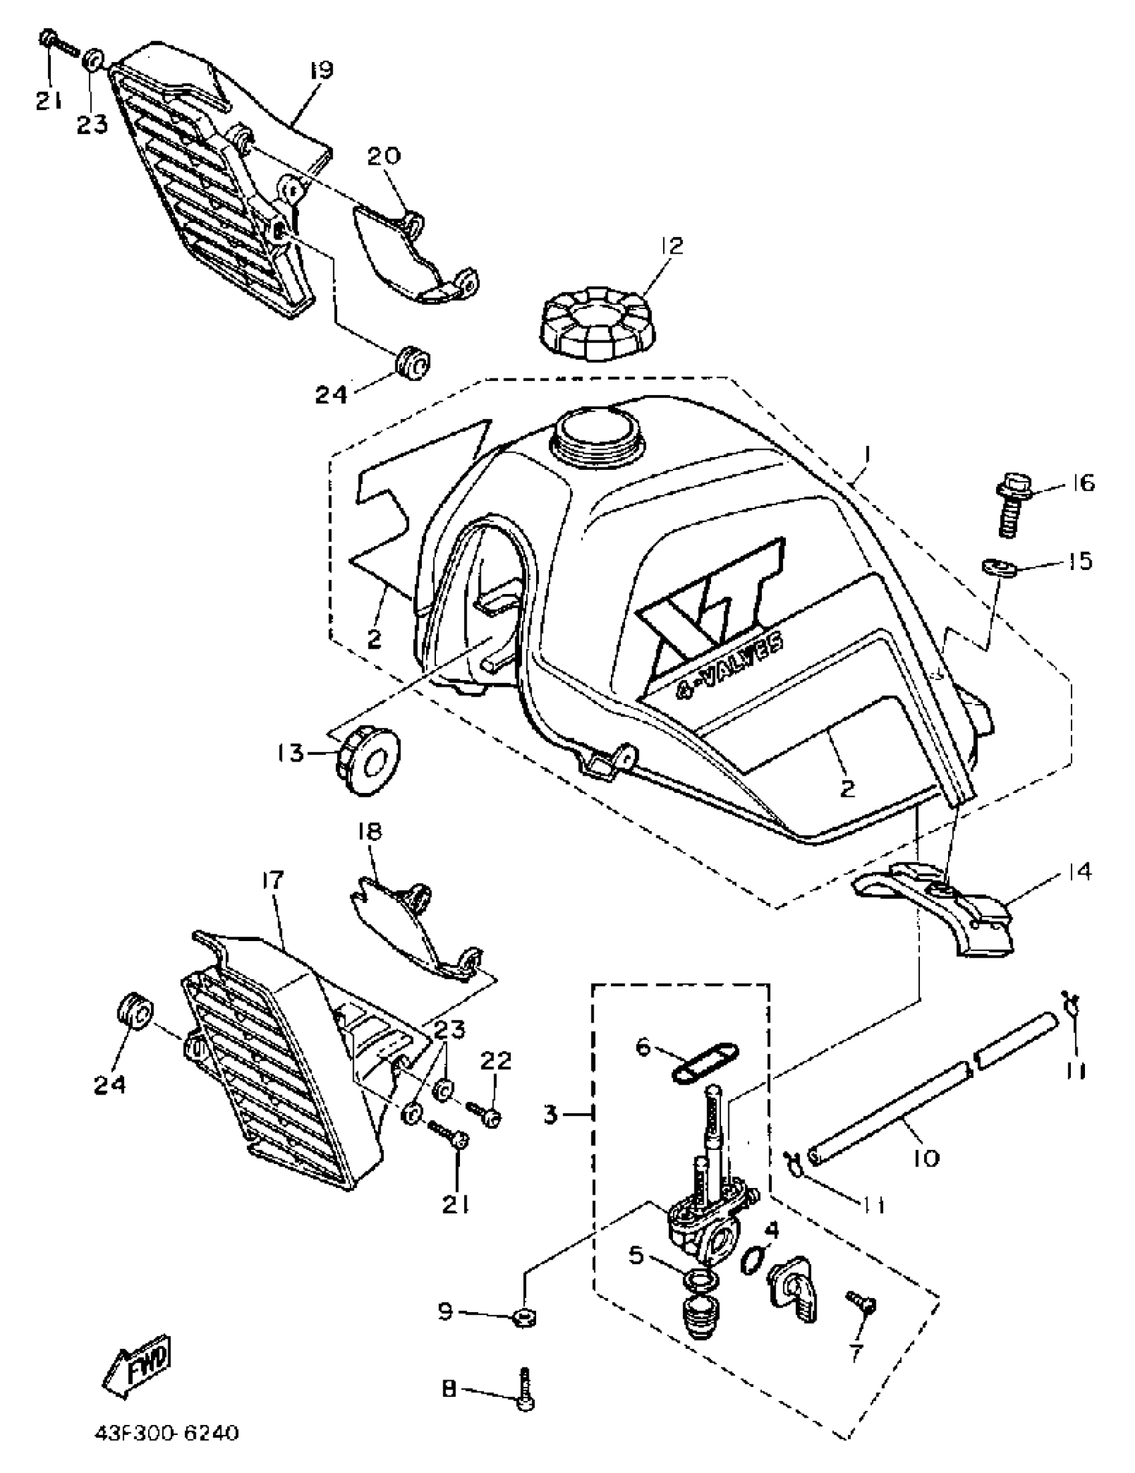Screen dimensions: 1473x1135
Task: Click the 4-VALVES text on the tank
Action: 731,662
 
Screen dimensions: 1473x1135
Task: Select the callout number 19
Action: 322,70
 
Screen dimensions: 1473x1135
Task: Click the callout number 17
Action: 274,880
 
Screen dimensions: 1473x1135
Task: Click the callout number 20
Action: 384,156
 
